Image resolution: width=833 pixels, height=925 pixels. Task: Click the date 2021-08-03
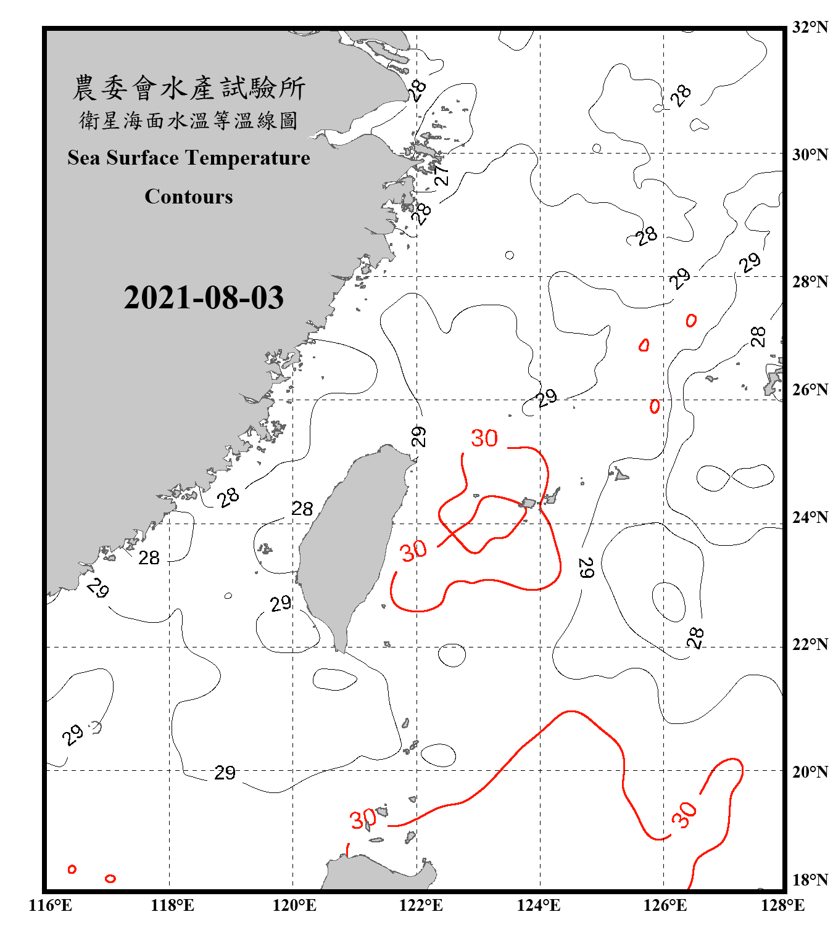(204, 297)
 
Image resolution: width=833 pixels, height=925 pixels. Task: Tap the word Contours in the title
(189, 197)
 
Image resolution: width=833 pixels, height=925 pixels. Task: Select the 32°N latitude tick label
(810, 27)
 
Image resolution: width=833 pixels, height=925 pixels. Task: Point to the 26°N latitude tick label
(810, 390)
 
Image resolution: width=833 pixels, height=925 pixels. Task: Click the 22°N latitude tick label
(810, 644)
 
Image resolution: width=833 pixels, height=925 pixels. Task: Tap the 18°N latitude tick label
(810, 880)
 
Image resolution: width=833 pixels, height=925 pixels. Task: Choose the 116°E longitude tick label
(51, 905)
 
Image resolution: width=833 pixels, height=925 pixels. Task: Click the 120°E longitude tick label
(294, 905)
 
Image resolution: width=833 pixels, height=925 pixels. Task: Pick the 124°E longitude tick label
(539, 905)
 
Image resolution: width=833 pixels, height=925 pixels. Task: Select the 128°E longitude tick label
(782, 905)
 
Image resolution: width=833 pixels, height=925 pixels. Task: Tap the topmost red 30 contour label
(484, 438)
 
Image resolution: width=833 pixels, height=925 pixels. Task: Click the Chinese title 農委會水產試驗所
(189, 88)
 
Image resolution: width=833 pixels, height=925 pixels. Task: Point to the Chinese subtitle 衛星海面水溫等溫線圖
(189, 120)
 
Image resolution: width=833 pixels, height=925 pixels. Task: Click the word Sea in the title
(83, 158)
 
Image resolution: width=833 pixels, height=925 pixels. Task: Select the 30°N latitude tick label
(810, 155)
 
